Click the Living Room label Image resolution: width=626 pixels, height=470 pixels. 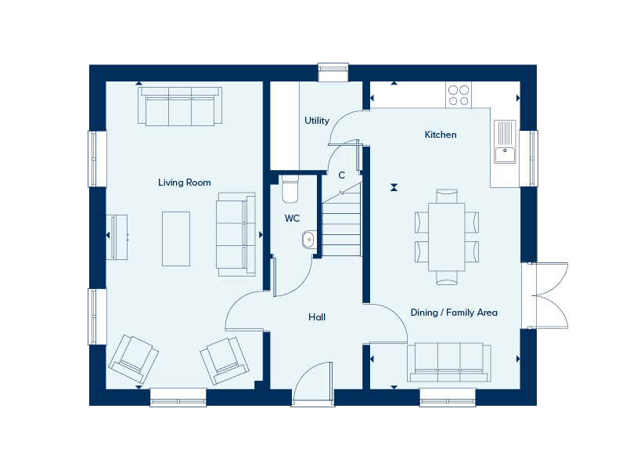point(184,183)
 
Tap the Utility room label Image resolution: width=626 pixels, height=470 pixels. point(317,121)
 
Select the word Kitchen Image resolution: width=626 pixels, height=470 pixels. point(441,135)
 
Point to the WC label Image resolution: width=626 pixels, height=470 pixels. point(292,219)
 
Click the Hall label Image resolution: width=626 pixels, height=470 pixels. point(317,317)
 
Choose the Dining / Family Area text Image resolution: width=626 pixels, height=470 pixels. point(454,313)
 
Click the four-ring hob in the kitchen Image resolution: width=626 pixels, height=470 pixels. point(459,95)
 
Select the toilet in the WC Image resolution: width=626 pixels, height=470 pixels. point(290,190)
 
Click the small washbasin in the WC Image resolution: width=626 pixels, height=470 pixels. point(308,240)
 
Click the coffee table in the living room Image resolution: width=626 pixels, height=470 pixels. point(176,237)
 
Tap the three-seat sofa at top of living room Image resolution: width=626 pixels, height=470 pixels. point(180,107)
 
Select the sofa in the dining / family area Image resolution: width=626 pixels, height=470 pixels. point(449,361)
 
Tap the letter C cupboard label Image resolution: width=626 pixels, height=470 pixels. point(341,175)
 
